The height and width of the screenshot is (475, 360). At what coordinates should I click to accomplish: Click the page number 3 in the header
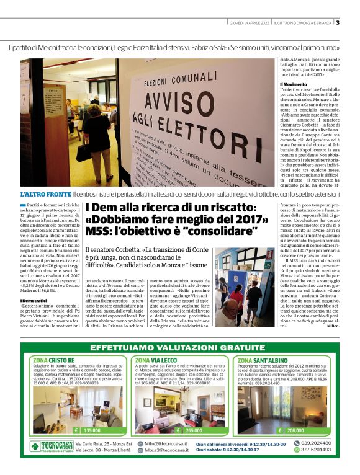tap(338, 24)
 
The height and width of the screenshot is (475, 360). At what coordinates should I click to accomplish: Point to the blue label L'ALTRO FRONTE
tap(45, 195)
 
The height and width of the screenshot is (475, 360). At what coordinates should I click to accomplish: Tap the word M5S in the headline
tap(100, 231)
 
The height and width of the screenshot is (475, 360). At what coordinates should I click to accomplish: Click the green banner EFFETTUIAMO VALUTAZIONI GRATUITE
tap(180, 348)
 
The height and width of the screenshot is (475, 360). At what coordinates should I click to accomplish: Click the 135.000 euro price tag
tap(88, 430)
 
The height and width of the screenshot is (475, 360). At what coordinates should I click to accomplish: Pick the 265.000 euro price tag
tap(193, 430)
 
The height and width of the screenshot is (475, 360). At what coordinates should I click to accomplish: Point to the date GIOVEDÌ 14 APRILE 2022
tap(248, 24)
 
